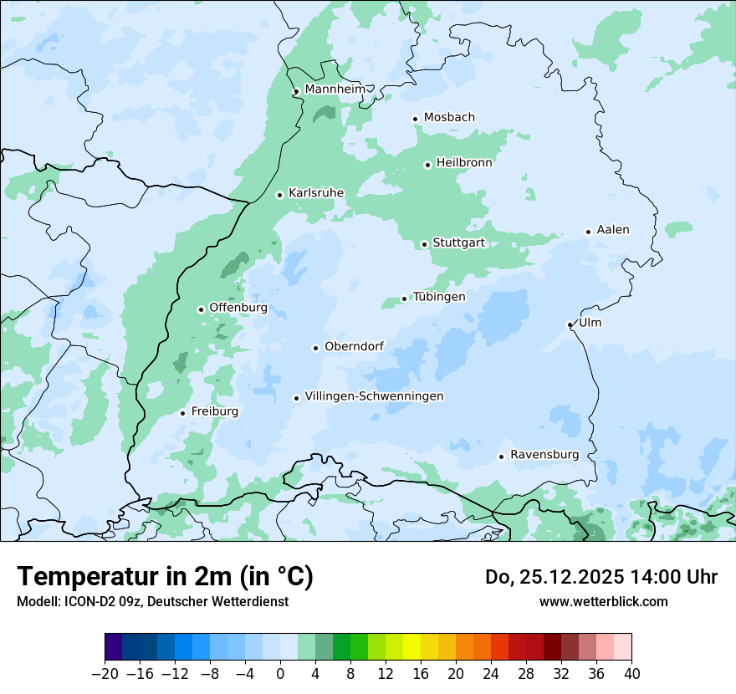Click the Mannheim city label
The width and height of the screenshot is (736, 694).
(335, 89)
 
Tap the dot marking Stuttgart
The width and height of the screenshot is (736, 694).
(424, 244)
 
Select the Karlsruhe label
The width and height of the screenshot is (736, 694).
(315, 193)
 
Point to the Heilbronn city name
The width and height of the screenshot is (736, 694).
(464, 163)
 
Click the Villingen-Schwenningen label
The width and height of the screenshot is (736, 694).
(374, 396)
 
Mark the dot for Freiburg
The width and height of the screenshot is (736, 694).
(182, 413)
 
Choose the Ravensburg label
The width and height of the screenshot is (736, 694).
(544, 455)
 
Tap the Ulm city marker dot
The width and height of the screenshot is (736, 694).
(570, 324)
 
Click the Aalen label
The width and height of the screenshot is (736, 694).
(613, 230)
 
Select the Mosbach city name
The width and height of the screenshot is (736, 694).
(449, 118)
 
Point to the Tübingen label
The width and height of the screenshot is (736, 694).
(439, 297)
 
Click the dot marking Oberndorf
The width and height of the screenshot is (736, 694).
(315, 348)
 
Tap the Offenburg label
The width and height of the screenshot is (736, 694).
(238, 308)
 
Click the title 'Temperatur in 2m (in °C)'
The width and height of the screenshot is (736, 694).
(165, 576)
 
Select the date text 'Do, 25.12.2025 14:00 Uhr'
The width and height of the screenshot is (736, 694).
(601, 577)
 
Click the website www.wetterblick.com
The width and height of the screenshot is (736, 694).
(603, 601)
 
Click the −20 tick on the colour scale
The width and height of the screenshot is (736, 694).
(105, 673)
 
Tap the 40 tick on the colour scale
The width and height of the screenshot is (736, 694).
(631, 673)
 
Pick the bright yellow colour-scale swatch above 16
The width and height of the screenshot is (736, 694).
(411, 647)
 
